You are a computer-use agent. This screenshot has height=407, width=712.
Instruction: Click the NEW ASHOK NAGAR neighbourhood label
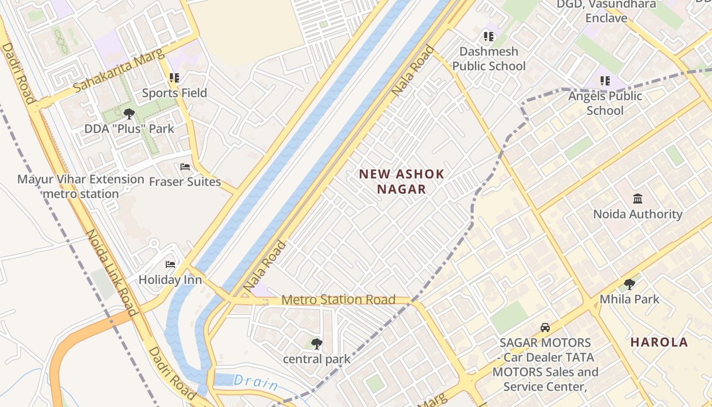coord(402,182)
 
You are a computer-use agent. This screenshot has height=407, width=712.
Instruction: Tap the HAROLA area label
coord(659,342)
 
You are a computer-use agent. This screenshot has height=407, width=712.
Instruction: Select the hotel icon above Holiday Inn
coord(170,265)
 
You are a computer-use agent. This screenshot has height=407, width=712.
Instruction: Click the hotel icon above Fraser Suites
coord(185,167)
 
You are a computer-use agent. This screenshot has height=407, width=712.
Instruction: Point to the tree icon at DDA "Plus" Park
coord(129,114)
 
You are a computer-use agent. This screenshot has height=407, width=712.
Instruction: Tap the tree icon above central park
coord(316,344)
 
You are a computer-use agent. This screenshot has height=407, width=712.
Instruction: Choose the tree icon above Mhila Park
coord(629,284)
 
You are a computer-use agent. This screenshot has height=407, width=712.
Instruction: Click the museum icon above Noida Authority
coord(638,198)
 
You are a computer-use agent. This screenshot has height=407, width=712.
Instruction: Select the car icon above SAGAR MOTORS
coord(545,328)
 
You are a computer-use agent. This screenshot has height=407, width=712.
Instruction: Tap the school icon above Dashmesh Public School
coord(489,37)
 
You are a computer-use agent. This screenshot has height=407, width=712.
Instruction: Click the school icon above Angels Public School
coord(605,81)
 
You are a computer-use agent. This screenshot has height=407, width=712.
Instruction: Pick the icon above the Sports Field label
coord(174,78)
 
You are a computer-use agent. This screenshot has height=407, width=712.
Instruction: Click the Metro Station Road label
coord(338,300)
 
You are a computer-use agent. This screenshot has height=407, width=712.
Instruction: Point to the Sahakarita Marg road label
coord(120,71)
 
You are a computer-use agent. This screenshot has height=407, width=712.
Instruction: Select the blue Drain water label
coord(256,382)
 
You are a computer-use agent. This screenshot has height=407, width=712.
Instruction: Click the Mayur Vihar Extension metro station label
coord(81,186)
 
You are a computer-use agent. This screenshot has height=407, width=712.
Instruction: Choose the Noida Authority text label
coord(638,214)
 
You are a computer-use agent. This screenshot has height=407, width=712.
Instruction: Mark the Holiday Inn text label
coord(170,280)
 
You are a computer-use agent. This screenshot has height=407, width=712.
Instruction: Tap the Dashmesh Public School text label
coord(489,59)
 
